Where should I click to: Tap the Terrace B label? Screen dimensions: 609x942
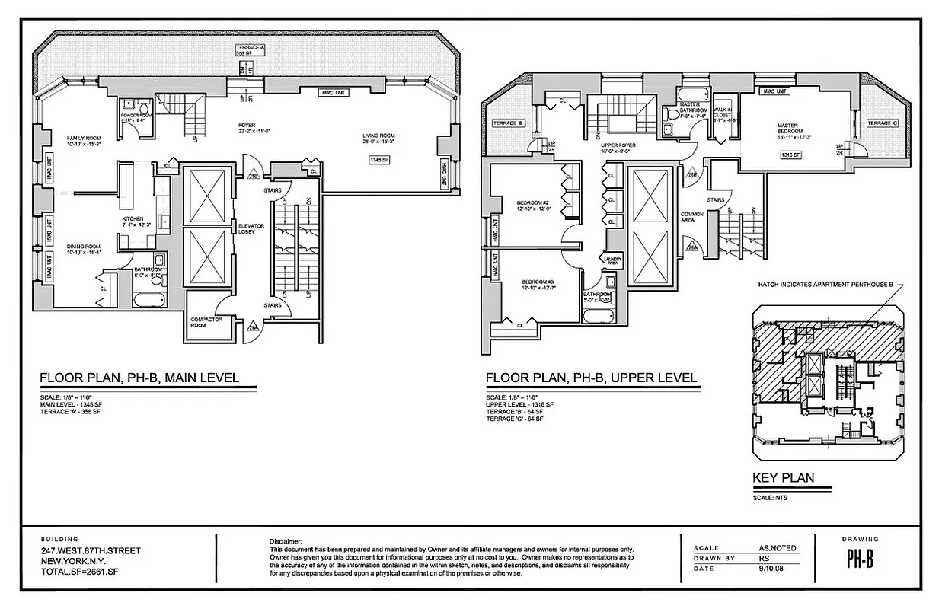coord(508,123)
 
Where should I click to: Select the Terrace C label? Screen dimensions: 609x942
coord(881,123)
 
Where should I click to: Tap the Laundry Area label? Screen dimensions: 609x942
coord(613,260)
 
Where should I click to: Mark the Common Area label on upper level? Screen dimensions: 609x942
coord(691,217)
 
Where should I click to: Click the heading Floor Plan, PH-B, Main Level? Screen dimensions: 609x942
coord(139,378)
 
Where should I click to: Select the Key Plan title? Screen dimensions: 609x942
coord(783,478)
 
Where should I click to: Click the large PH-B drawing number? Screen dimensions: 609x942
coord(860,560)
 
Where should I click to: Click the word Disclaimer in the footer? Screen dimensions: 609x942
coord(286,540)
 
